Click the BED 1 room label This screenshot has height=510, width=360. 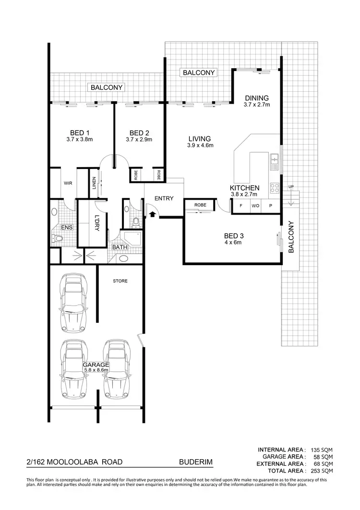pos(79,133)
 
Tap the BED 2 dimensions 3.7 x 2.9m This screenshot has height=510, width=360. pos(139,140)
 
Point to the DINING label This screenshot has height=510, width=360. pos(257,98)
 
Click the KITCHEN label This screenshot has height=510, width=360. pos(244,188)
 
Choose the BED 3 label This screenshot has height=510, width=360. pos(235,236)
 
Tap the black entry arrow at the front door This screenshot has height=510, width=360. pos(153,213)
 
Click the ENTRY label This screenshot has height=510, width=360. pos(164,198)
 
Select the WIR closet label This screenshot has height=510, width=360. pos(68,183)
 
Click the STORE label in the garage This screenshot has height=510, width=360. pos(120,281)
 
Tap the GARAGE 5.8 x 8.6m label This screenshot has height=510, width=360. pos(96,368)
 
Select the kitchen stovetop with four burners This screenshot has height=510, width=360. pos(275,187)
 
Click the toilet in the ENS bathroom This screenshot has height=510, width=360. pos(57,238)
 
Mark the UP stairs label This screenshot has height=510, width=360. pos(290,186)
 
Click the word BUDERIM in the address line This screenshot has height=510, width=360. pos(195,463)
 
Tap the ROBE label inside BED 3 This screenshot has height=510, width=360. pos(200,206)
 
